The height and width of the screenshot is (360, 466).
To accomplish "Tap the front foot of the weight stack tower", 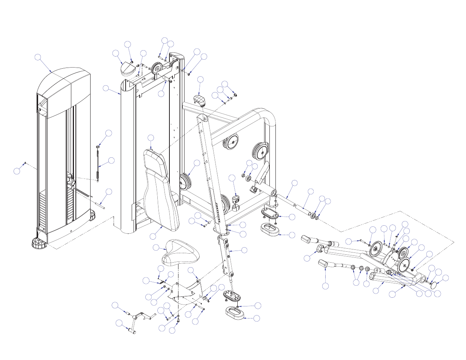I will click(x=40, y=243).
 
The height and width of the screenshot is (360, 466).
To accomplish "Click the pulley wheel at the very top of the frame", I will click(x=157, y=69).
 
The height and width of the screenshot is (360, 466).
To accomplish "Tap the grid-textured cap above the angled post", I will click(x=200, y=100).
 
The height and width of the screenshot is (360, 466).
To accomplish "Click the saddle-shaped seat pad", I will click(x=180, y=252).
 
